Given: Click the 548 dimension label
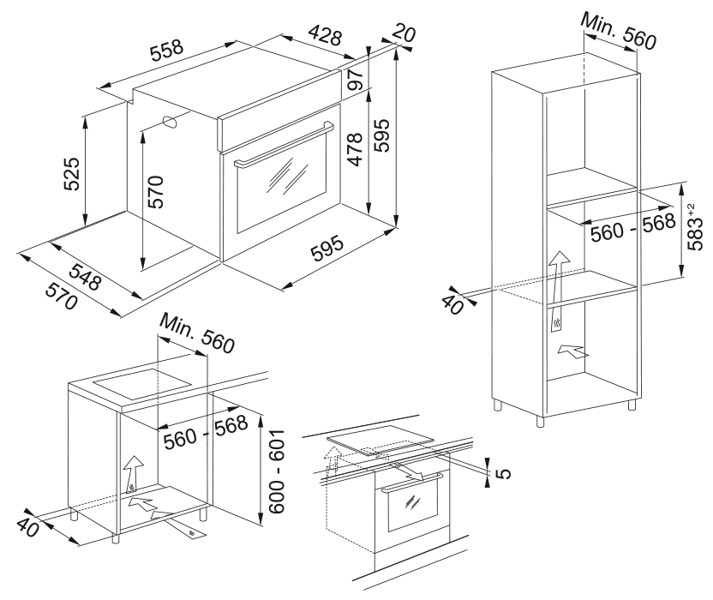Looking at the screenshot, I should tap(87, 276).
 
